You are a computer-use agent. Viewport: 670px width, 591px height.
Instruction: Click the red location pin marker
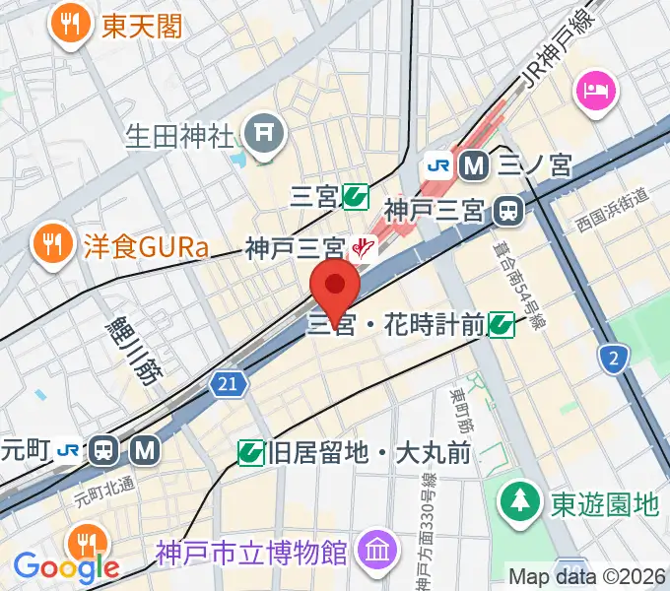335,287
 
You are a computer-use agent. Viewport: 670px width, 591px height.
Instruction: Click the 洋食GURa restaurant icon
48,243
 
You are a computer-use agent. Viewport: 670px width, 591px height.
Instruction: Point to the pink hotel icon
597,90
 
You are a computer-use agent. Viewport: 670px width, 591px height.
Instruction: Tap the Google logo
66,566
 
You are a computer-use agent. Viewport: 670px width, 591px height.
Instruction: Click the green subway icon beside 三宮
356,199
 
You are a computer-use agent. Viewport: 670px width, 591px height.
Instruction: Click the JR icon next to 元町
69,450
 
